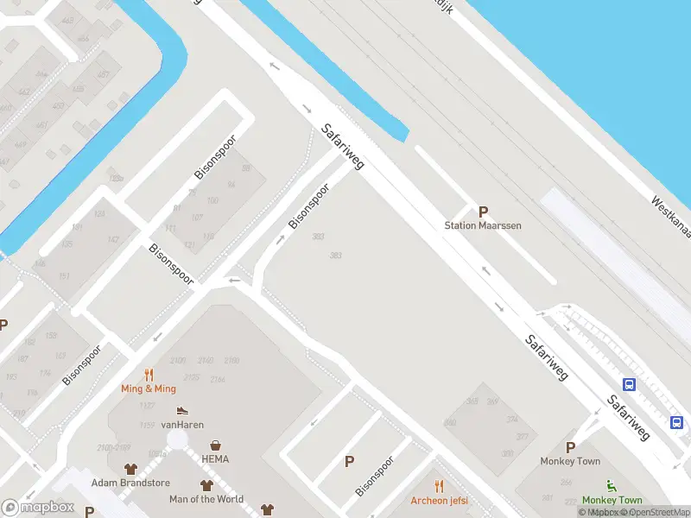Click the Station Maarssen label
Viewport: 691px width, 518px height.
click(483, 225)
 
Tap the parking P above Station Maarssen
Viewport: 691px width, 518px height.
click(484, 211)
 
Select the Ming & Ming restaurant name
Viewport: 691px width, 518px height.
click(149, 388)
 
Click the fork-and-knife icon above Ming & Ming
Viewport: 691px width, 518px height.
click(149, 375)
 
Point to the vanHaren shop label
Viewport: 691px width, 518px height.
click(181, 425)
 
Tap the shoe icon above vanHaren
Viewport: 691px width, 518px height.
click(181, 411)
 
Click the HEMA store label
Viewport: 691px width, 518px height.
click(215, 459)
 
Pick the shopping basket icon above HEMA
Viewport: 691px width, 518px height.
click(215, 445)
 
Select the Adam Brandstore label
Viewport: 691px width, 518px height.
click(130, 483)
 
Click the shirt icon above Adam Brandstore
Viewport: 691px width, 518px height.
click(130, 469)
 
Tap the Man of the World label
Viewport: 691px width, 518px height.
click(206, 499)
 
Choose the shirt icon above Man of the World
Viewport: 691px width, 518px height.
click(206, 485)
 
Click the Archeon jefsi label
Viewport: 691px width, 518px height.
click(439, 501)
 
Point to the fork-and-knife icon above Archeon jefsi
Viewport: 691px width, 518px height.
click(439, 486)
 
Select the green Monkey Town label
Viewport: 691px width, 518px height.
click(612, 500)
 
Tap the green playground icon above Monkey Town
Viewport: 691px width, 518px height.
click(612, 485)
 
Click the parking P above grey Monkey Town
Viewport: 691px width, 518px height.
click(570, 447)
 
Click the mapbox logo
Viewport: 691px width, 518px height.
click(38, 508)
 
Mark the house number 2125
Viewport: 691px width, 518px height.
click(191, 377)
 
